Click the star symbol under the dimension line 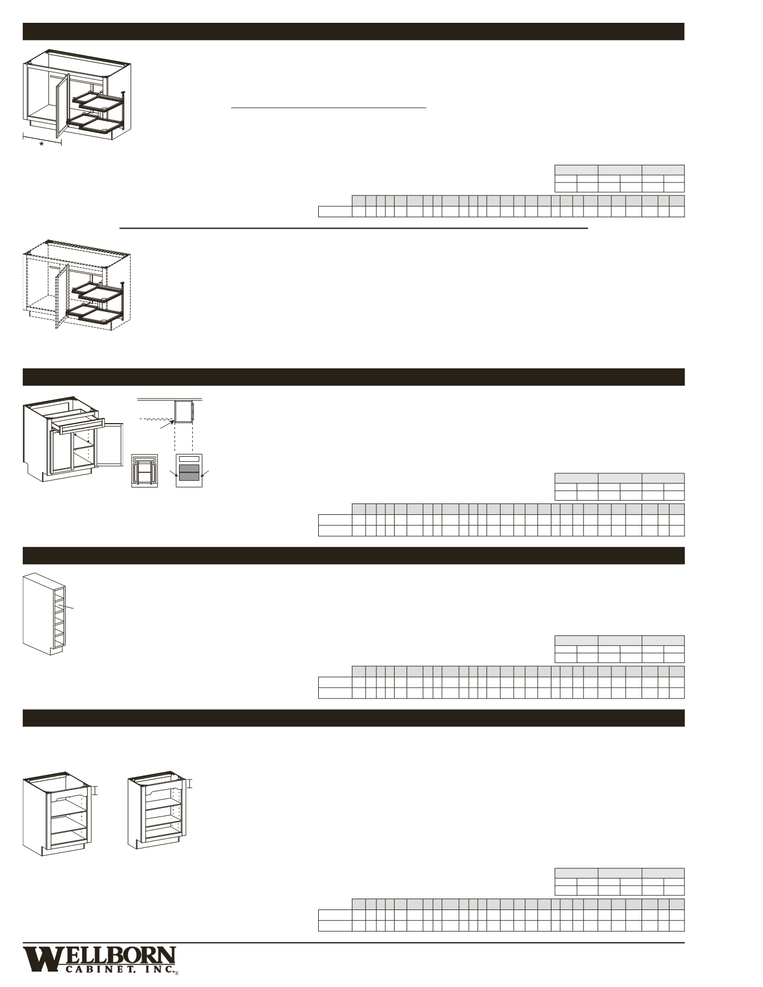[x=41, y=144]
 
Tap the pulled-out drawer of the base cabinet [x=78, y=425]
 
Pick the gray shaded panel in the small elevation [x=189, y=471]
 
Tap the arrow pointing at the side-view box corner [x=166, y=425]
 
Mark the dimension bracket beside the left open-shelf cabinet [x=96, y=790]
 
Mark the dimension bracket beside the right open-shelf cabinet [x=190, y=784]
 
